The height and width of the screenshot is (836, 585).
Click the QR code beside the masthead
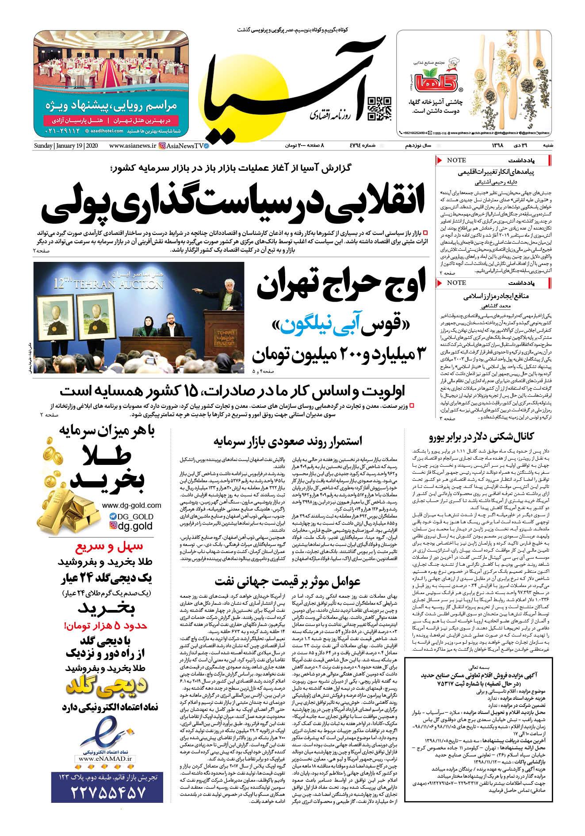[380, 109]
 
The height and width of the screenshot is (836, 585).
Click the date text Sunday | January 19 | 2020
[67, 146]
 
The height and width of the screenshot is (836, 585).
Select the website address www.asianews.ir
[132, 146]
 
